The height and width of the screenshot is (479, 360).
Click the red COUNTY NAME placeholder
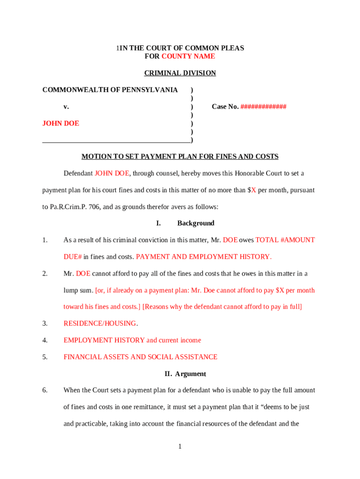point(188,56)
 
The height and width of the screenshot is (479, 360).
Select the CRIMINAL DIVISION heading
point(180,73)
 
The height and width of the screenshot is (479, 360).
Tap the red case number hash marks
point(263,107)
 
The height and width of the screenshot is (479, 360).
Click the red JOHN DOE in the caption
point(61,123)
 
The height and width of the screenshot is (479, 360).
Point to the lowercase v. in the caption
point(66,107)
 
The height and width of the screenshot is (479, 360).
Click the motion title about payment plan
point(180,156)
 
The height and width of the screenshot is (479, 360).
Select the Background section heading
point(195,223)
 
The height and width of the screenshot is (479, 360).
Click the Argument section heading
point(185,374)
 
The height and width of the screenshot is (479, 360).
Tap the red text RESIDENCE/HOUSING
point(100,323)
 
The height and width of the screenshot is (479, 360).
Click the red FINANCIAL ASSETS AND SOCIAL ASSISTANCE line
point(140,357)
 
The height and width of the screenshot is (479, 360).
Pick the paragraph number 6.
point(45,390)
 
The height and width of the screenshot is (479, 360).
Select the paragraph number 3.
point(45,323)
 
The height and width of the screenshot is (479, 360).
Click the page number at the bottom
point(180,447)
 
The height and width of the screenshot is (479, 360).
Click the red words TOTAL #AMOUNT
point(285,240)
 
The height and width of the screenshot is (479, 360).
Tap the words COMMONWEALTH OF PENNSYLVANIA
point(110,90)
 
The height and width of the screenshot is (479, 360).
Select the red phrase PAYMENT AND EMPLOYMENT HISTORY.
point(203,257)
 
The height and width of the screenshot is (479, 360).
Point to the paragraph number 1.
point(45,240)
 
